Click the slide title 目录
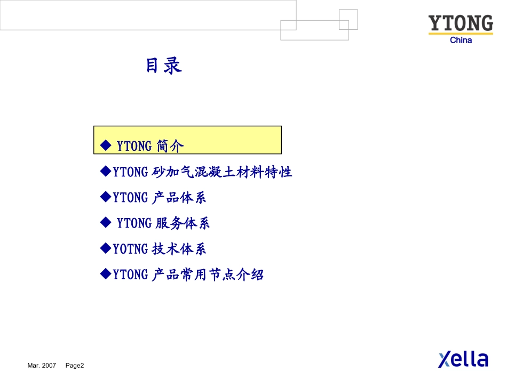point(164,66)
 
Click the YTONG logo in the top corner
point(461,24)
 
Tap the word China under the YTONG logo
point(461,40)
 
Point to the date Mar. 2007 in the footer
point(42,366)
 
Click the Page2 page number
point(75,366)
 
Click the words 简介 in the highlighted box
point(170,145)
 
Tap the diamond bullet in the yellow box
point(105,144)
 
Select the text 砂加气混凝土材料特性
point(222,172)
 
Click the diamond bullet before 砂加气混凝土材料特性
point(105,171)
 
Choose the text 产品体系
point(179,198)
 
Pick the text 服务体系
point(183,223)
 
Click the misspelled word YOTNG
point(130,249)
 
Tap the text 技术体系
point(179,249)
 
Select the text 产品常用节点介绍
point(208,274)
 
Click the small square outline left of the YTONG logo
point(348,19)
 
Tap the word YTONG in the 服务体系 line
point(134,223)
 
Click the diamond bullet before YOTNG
point(105,248)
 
